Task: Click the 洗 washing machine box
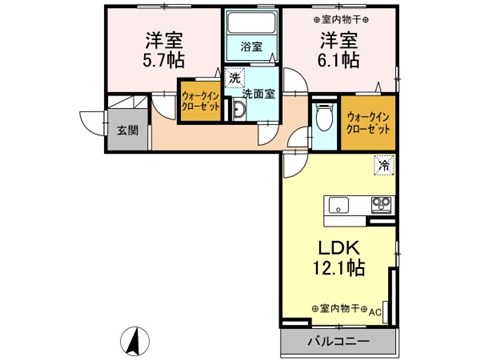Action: [234, 78]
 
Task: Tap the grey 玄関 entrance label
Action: [126, 131]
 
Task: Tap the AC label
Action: [376, 311]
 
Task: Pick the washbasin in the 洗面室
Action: [239, 109]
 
